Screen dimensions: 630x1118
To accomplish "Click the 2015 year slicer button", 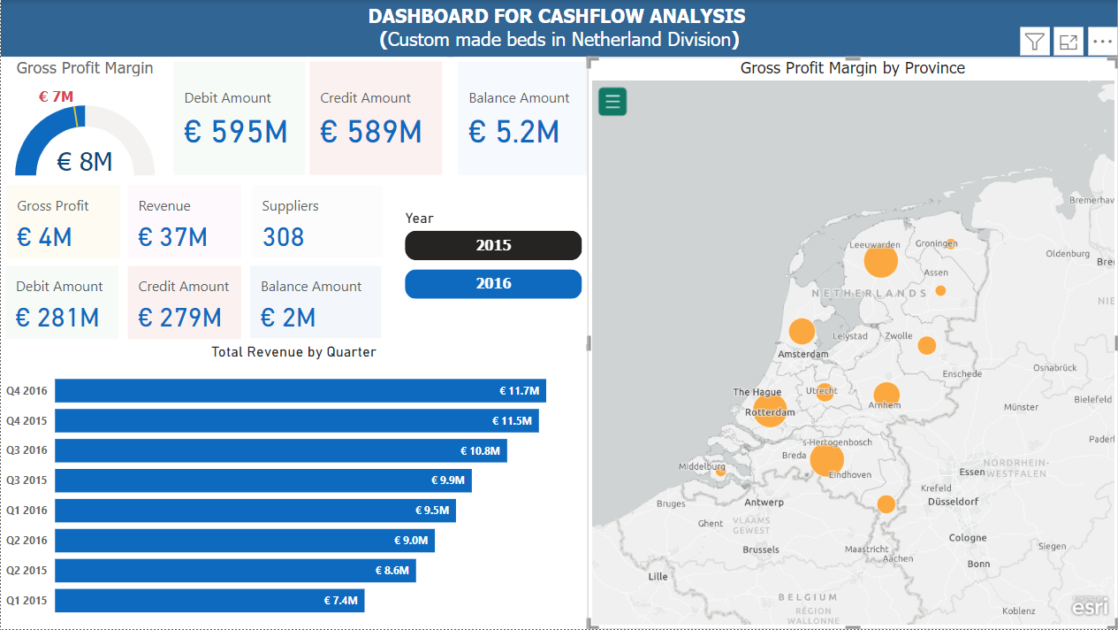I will pos(493,245).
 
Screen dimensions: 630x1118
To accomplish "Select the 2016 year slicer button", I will pos(493,284).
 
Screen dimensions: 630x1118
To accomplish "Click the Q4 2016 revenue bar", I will pos(300,391).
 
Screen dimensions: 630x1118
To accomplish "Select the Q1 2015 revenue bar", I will pos(209,601).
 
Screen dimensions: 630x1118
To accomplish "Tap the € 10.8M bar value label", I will pos(480,451).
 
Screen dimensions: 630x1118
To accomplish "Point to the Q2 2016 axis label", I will pos(27,541).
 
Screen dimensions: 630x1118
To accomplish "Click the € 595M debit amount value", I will pos(236,132).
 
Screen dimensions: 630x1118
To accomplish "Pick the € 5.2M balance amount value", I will pos(513,132).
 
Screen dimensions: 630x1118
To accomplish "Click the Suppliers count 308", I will pos(283,237).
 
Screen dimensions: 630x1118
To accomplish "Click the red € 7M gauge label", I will pos(56,96).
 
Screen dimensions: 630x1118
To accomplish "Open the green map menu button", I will pos(612,102).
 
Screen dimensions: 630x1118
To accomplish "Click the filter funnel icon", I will pos(1035,42).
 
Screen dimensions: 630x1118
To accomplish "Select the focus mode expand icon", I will pos(1069,42).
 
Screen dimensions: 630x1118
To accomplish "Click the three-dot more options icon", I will pos(1102,42).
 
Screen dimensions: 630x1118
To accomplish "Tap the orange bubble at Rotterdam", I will pos(770,411).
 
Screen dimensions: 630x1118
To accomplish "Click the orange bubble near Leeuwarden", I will pos(880,262).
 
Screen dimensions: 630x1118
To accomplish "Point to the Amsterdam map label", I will pos(803,354).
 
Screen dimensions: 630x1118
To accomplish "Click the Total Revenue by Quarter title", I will pos(293,352).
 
